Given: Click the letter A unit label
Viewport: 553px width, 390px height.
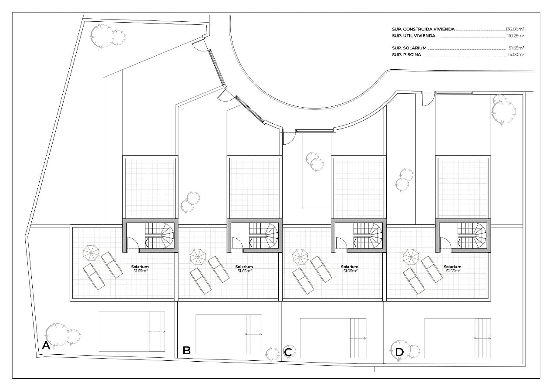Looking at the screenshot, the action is [46, 346].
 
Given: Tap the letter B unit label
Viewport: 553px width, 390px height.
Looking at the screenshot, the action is [186, 350].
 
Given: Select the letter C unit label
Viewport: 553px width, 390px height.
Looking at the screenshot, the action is [288, 352].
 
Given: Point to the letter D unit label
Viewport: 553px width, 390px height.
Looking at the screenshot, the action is [399, 352].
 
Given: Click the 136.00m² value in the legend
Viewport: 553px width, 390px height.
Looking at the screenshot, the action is [515, 29].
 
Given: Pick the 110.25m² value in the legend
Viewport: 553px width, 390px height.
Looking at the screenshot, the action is [516, 36].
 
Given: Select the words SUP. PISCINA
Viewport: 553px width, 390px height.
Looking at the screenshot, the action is [407, 55].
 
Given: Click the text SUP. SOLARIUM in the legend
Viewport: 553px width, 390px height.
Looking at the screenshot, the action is [409, 48].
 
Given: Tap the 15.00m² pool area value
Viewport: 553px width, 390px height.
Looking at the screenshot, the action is [516, 55].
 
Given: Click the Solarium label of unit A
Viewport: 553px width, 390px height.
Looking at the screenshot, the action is [140, 267].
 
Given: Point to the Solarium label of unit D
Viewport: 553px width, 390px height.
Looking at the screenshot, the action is [452, 267].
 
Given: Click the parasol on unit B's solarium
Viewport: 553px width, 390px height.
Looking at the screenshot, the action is [198, 257].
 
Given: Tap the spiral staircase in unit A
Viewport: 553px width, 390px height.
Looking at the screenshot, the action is [159, 236].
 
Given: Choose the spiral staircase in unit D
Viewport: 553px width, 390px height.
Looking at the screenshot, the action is [472, 236].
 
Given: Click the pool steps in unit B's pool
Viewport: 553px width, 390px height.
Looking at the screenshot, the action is [254, 334].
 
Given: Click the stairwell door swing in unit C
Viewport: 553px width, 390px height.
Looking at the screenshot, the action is [341, 243].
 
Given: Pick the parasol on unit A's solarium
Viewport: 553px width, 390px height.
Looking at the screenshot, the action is [91, 253].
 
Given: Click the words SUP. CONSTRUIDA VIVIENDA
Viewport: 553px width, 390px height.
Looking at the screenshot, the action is [423, 29].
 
